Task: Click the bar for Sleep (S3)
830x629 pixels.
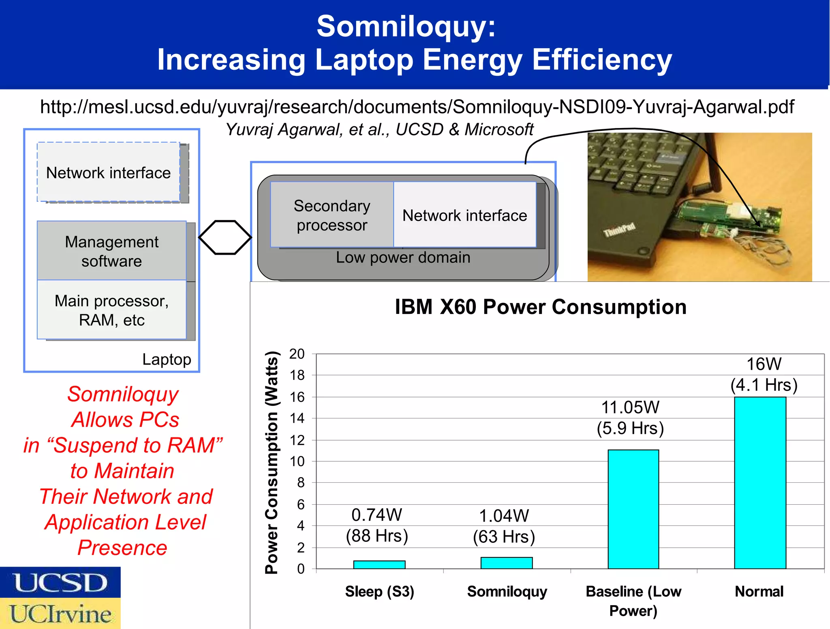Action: click(379, 564)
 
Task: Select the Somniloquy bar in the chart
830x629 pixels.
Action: click(506, 563)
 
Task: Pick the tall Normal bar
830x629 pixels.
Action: click(760, 482)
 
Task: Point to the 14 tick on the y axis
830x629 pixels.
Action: click(297, 418)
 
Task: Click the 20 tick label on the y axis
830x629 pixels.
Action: click(297, 354)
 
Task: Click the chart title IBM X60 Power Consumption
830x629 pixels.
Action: click(540, 307)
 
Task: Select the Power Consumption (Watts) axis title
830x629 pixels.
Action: click(272, 462)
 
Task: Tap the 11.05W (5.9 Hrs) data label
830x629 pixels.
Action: click(630, 418)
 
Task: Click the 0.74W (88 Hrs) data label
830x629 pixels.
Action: click(376, 525)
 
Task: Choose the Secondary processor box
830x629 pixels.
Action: click(332, 215)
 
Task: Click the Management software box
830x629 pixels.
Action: click(111, 251)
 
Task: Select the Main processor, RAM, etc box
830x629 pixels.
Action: click(111, 310)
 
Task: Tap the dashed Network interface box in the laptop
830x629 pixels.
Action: click(108, 173)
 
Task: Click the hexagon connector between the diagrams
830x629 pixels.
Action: click(225, 237)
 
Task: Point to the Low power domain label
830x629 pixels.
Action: click(403, 258)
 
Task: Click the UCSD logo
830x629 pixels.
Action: click(60, 582)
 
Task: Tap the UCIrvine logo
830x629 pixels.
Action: click(60, 614)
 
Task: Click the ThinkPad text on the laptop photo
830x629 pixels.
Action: click(619, 230)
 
